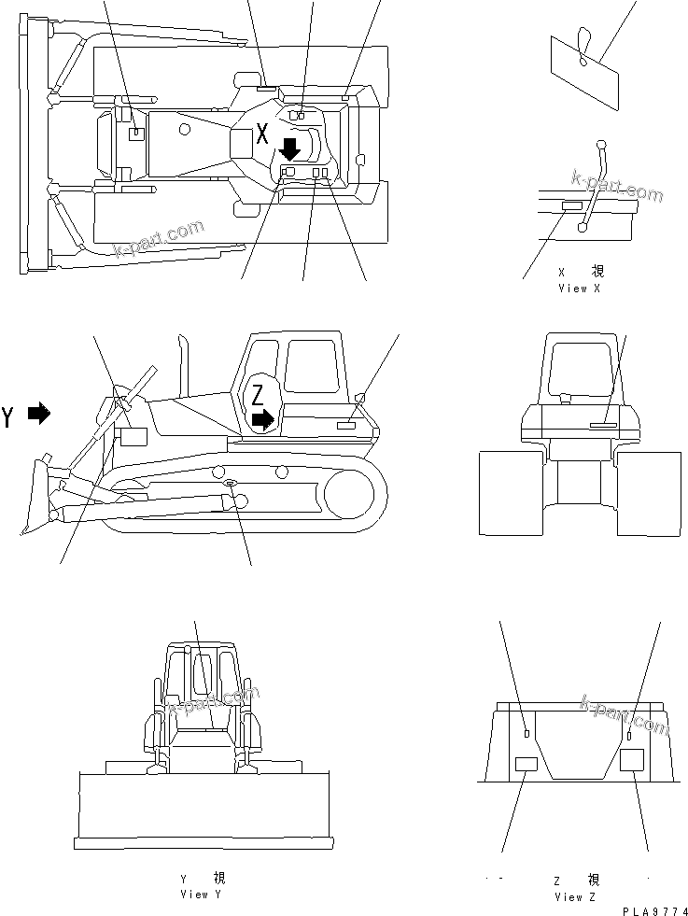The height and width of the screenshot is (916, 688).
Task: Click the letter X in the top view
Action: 262,133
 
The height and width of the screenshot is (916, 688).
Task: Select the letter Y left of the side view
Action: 8,416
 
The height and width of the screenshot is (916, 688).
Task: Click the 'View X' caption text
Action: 579,289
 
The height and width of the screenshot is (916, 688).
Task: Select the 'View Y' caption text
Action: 202,894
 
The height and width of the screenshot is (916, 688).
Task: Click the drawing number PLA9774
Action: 653,909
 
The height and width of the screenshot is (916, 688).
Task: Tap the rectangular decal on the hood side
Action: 133,437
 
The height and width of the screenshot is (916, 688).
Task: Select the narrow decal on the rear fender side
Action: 345,425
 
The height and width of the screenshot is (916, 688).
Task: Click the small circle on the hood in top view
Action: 185,127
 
